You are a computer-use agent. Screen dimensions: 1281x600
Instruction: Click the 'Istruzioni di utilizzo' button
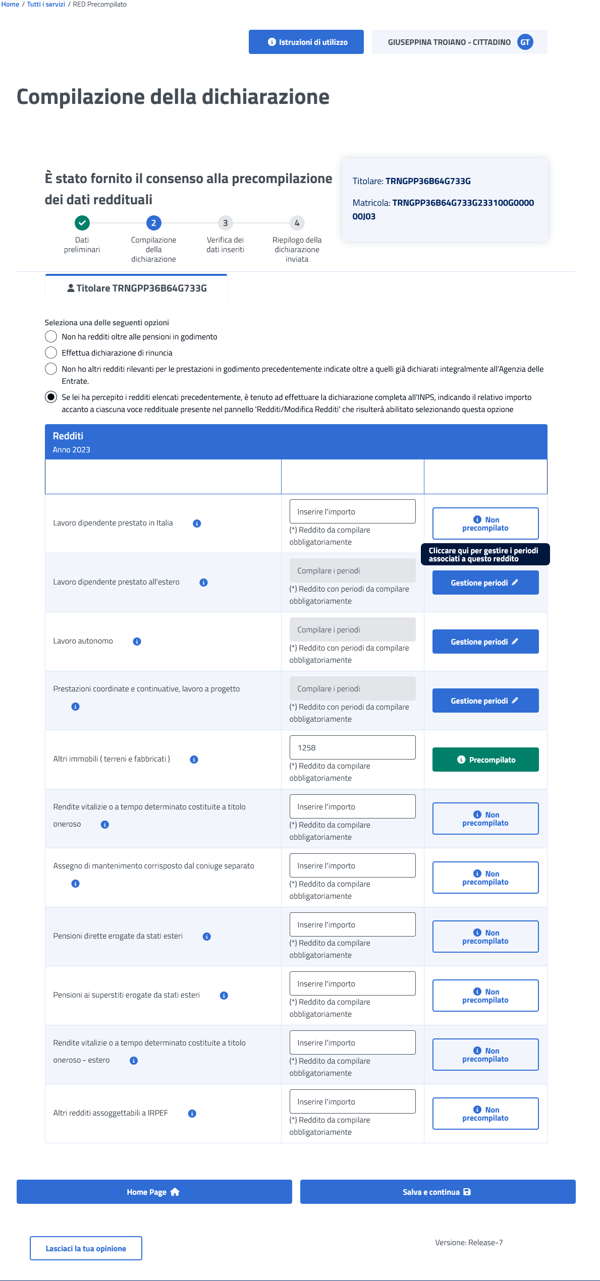click(306, 42)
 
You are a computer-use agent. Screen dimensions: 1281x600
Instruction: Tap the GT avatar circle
click(525, 42)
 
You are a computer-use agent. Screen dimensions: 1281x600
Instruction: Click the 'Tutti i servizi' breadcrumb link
click(46, 5)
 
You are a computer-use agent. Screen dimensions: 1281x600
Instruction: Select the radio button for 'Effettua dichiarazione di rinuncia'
click(51, 353)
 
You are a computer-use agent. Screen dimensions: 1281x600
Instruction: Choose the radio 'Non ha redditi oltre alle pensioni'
click(51, 336)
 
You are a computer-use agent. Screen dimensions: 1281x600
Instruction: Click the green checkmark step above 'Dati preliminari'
click(82, 222)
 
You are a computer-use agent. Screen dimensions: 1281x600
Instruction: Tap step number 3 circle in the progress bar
click(225, 223)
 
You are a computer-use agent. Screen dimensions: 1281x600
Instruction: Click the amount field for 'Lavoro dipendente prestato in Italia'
click(352, 511)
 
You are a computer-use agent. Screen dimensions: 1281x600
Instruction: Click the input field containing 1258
click(352, 747)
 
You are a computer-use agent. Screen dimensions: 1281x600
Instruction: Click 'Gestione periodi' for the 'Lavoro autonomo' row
click(485, 642)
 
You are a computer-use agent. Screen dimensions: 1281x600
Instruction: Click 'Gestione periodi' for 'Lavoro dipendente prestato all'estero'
click(485, 583)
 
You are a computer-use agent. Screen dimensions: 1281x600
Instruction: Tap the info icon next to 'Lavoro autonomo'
click(137, 642)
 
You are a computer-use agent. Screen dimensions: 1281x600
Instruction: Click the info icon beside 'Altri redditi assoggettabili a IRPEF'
click(192, 1114)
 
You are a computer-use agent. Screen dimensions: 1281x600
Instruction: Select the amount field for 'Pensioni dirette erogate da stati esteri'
click(352, 924)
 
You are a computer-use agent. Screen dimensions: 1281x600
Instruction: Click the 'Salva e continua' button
click(438, 1192)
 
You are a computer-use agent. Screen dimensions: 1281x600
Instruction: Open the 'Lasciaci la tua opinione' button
click(86, 1248)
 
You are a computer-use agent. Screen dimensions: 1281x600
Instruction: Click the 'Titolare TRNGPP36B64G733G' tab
click(136, 288)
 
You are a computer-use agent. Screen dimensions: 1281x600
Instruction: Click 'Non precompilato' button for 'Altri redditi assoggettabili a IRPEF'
click(485, 1114)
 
